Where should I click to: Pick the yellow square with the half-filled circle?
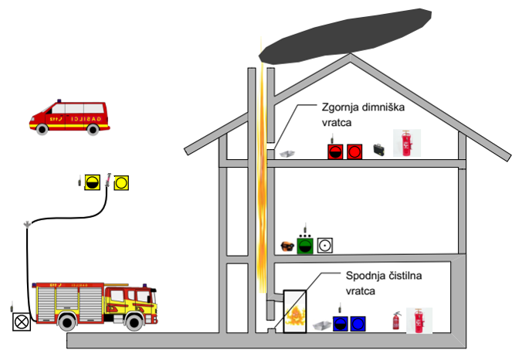pyautogui.click(x=92, y=182)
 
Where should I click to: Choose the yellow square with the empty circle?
pyautogui.click(x=122, y=182)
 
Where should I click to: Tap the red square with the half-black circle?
pyautogui.click(x=335, y=151)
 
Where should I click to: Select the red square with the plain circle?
pyautogui.click(x=354, y=151)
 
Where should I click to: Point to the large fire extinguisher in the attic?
pyautogui.click(x=403, y=144)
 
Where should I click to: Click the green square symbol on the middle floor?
pyautogui.click(x=306, y=246)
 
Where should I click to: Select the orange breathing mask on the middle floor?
pyautogui.click(x=286, y=246)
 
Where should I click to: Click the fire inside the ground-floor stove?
pyautogui.click(x=293, y=314)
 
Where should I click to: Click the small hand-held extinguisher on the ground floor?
pyautogui.click(x=395, y=321)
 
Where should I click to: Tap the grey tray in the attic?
pyautogui.click(x=287, y=155)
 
